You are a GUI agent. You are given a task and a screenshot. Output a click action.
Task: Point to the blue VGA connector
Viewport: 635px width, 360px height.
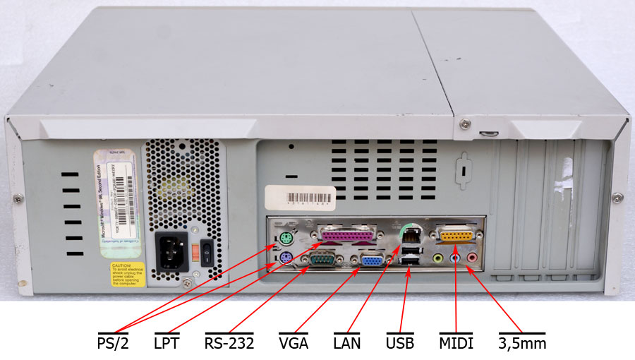pyautogui.click(x=373, y=261)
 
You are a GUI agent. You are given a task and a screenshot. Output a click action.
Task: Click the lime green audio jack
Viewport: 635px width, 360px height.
pyautogui.click(x=438, y=258)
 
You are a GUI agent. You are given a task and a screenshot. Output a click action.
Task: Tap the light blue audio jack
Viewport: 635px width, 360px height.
pyautogui.click(x=455, y=258)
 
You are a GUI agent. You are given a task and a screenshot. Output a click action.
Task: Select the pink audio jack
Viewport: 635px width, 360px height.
pyautogui.click(x=471, y=258)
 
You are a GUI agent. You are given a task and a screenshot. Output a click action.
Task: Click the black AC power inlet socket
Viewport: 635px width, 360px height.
pyautogui.click(x=171, y=251)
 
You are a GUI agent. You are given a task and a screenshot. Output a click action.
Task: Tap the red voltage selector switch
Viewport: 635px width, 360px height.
pyautogui.click(x=192, y=250)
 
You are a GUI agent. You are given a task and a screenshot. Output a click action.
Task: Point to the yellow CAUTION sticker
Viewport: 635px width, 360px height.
pyautogui.click(x=128, y=275)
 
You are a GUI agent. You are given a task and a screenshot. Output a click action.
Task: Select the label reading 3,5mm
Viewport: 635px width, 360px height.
pyautogui.click(x=522, y=344)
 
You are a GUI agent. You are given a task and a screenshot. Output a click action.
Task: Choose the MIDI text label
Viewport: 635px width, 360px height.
pyautogui.click(x=456, y=344)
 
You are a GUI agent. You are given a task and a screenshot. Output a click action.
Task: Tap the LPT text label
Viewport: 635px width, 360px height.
pyautogui.click(x=167, y=344)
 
